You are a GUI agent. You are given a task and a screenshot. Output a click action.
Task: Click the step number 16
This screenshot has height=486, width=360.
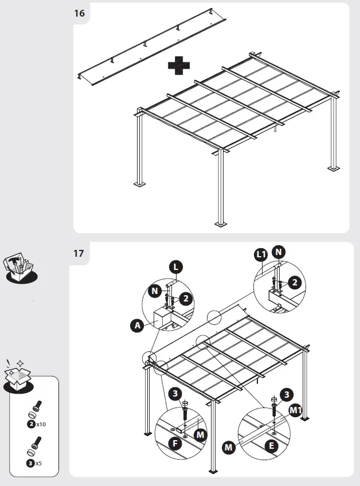click(80, 14)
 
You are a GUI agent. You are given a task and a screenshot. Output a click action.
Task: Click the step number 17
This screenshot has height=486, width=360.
click(80, 253)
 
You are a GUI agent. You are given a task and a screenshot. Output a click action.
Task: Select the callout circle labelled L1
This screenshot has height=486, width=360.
click(261, 254)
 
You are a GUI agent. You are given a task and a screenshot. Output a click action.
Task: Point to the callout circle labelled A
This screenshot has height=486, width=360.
click(137, 326)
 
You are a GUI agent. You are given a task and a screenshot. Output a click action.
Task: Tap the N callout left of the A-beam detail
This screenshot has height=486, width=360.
click(155, 291)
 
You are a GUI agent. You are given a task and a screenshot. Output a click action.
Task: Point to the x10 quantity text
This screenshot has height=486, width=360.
click(41, 425)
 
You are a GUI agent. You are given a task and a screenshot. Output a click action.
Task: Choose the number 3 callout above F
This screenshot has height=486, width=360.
click(174, 394)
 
